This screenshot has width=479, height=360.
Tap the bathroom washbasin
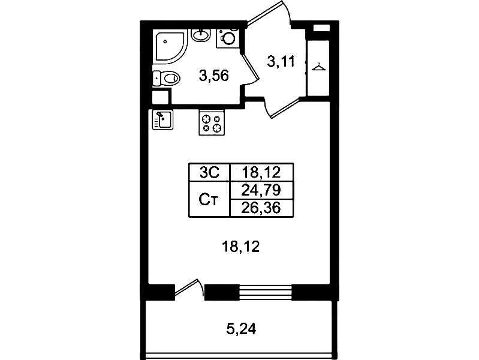[x=201, y=35]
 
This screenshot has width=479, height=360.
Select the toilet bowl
[x=166, y=79]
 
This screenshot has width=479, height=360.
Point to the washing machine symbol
[x=228, y=38]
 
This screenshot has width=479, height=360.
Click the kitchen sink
[x=162, y=119]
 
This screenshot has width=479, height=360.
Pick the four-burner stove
[x=212, y=122]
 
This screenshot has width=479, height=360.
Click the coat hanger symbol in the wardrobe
[x=318, y=67]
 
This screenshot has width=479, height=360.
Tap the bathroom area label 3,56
[x=213, y=75]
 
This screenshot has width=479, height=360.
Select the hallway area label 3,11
[x=281, y=61]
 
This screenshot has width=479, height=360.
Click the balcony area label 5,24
[x=241, y=329]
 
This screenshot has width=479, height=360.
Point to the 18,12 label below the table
[x=241, y=247]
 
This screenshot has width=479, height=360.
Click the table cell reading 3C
[x=209, y=173]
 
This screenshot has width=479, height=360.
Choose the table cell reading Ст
[x=209, y=199]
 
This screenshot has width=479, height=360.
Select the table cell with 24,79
[x=261, y=191]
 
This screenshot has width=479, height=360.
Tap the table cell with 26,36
[x=261, y=208]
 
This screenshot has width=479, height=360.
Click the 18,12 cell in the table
[x=261, y=173]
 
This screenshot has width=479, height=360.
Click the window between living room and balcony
[x=265, y=292]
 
